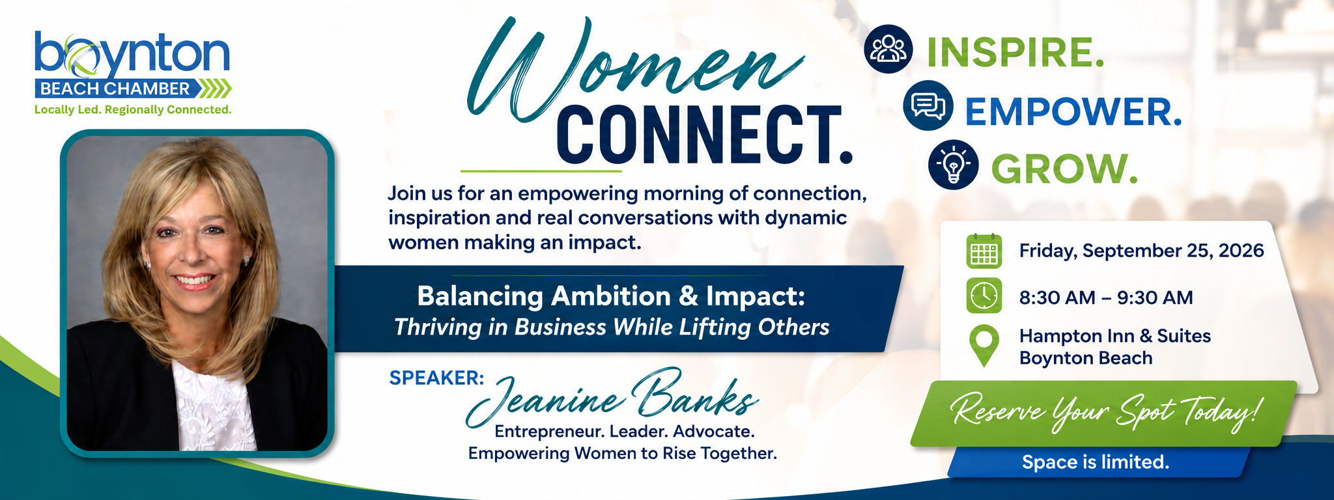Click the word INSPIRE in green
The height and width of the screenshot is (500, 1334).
click(x=1015, y=52)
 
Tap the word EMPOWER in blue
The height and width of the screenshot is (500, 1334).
click(x=1073, y=111)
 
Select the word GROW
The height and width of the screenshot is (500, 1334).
click(x=1064, y=169)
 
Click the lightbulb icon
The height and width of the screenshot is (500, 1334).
click(x=953, y=165)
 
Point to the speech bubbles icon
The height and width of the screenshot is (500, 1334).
click(x=928, y=105)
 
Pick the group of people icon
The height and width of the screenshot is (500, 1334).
click(x=888, y=49)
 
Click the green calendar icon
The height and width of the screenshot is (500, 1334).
click(x=984, y=251)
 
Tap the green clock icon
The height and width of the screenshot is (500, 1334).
click(x=984, y=296)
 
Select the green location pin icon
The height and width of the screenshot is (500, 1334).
click(x=984, y=346)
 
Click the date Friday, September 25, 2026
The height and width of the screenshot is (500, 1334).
click(x=1141, y=251)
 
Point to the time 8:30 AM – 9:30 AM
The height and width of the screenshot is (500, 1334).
click(x=1106, y=298)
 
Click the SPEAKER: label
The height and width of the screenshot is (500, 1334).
click(x=436, y=378)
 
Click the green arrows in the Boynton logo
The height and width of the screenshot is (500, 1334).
click(x=214, y=89)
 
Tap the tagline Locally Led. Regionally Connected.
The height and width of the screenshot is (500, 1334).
click(x=133, y=109)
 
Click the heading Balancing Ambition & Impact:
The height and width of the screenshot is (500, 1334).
click(x=611, y=296)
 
